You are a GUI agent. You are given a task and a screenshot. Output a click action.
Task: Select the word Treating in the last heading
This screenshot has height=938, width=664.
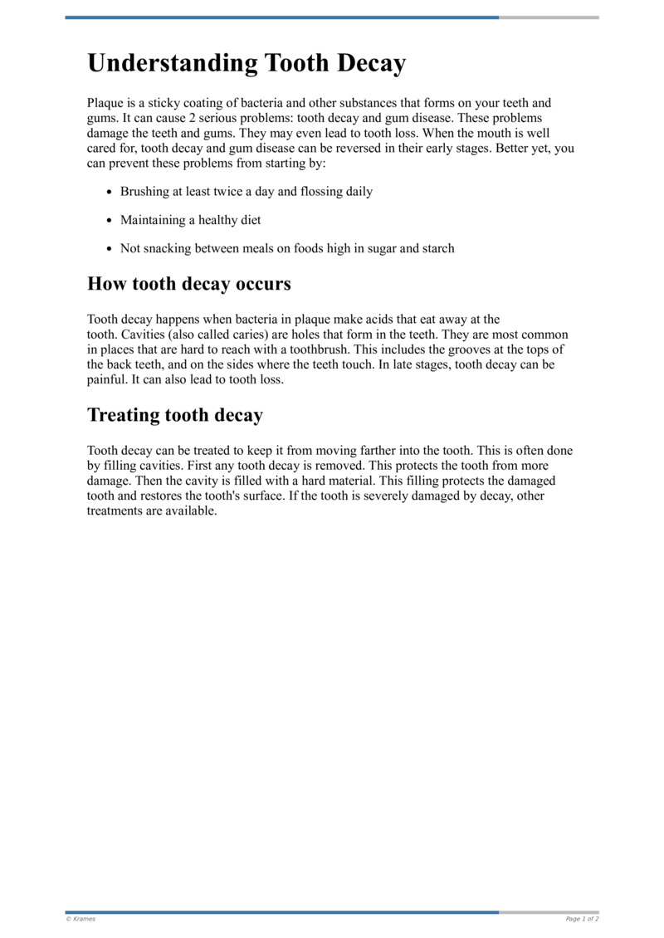124,415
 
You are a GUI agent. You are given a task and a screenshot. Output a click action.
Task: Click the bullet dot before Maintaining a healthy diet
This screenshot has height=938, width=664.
110,221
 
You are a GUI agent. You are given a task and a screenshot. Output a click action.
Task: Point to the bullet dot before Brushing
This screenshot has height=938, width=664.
110,192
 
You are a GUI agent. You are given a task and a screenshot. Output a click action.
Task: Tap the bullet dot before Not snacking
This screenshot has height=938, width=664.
110,249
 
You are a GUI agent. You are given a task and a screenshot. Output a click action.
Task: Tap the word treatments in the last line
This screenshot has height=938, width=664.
114,511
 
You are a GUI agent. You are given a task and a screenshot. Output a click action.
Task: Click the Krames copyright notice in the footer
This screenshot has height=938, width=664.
81,919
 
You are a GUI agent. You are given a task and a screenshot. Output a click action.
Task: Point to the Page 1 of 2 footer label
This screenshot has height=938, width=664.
582,919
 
